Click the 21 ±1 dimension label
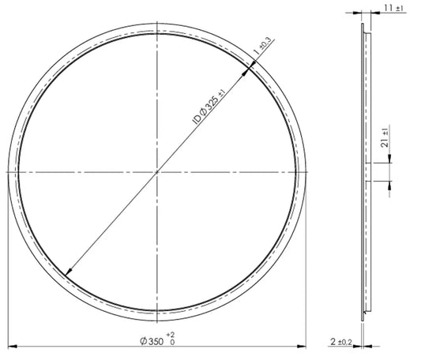point(385,137)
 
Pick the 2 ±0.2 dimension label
point(341,342)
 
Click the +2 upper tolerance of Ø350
point(171,335)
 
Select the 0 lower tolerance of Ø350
point(172,343)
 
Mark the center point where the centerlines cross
point(157,172)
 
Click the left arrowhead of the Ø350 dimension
point(13,347)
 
